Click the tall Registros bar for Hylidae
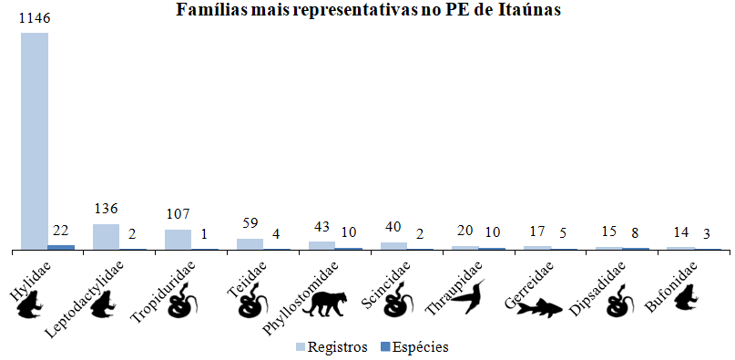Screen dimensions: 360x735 coord(35,141)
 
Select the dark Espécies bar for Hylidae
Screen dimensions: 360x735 coord(61,247)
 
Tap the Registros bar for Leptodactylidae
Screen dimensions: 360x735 coord(106,237)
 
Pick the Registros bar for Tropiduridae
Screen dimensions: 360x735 coord(178,240)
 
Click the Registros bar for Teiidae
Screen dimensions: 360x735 coord(250,244)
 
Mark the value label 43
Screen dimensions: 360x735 coord(322,228)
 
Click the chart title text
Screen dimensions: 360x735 coord(367,9)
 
